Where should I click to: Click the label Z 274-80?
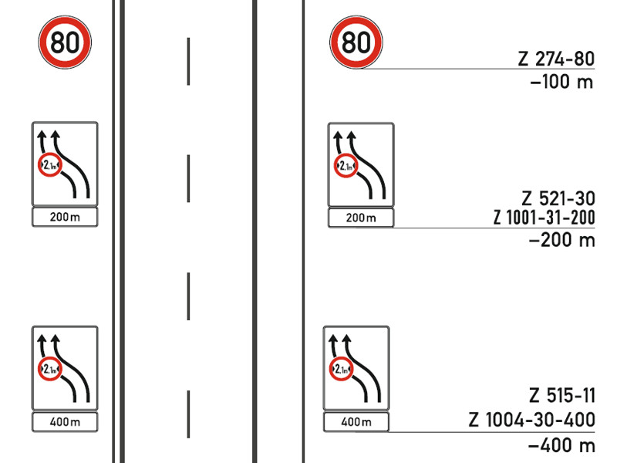pyautogui.click(x=556, y=59)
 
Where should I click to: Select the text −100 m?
pyautogui.click(x=561, y=82)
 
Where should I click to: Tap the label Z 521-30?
pyautogui.click(x=558, y=198)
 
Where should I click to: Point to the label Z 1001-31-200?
pyautogui.click(x=545, y=218)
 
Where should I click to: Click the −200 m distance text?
pyautogui.click(x=562, y=240)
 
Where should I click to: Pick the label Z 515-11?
pyautogui.click(x=562, y=396)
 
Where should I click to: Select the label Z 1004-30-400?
pyautogui.click(x=531, y=420)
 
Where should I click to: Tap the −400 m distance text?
pyautogui.click(x=561, y=445)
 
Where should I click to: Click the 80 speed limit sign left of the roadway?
pyautogui.click(x=65, y=42)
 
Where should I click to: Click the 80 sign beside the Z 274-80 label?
pyautogui.click(x=356, y=42)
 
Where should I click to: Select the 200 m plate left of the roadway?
pyautogui.click(x=65, y=217)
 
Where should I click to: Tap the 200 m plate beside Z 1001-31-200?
pyautogui.click(x=361, y=218)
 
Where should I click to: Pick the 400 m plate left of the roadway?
pyautogui.click(x=65, y=422)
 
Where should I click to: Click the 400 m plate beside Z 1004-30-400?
pyautogui.click(x=356, y=422)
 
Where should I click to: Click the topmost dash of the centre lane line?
pyautogui.click(x=188, y=62)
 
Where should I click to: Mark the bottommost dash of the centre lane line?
pyautogui.click(x=188, y=414)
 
